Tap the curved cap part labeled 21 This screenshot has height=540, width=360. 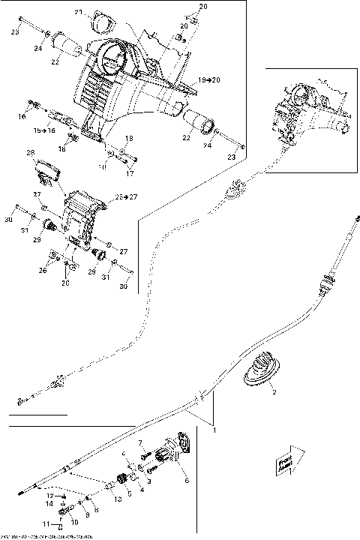[x=98, y=25]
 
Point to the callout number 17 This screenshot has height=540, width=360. [x=129, y=174]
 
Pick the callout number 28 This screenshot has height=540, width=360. [x=31, y=153]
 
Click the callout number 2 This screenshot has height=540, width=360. [x=274, y=392]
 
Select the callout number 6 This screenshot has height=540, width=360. [x=186, y=480]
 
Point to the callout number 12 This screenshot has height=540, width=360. [x=50, y=496]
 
